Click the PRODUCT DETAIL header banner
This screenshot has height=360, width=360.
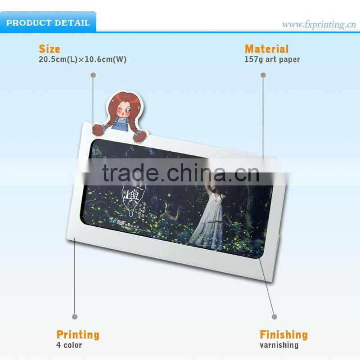click(48, 22)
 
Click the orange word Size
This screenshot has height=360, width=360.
click(49, 49)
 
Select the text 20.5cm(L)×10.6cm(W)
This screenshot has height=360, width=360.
click(82, 59)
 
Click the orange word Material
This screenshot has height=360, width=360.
click(266, 49)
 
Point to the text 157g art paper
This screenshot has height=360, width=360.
click(272, 59)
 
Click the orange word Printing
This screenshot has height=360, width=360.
click(78, 335)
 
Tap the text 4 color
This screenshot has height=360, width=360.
click(69, 345)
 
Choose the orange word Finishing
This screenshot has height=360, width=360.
click(283, 335)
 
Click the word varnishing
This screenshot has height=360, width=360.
click(279, 345)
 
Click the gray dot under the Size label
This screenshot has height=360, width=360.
click(93, 75)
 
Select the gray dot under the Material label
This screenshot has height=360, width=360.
click(263, 75)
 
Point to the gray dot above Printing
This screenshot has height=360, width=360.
click(75, 317)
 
